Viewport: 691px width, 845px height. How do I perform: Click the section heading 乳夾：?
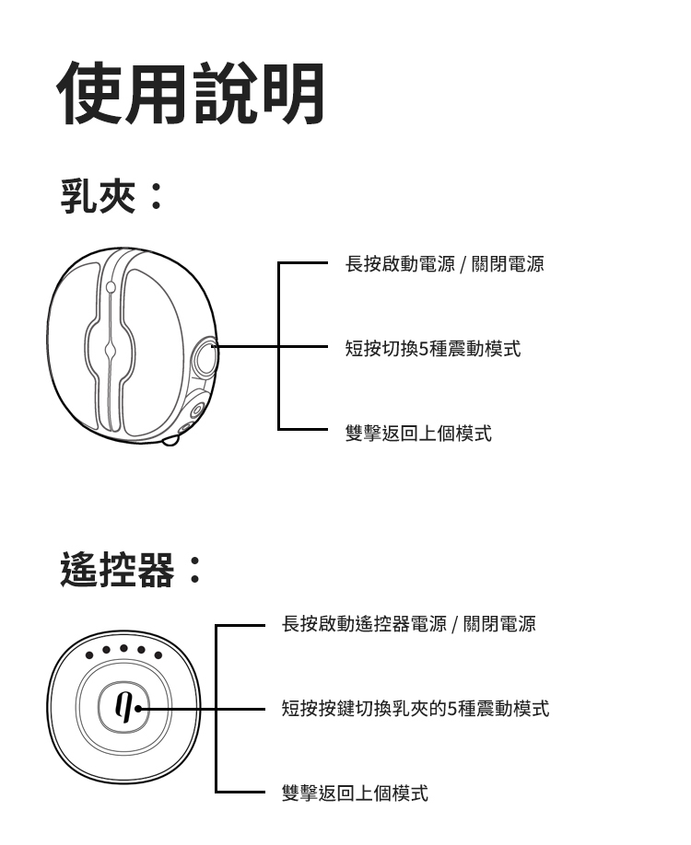tap(111, 196)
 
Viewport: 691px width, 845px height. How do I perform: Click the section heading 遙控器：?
tap(130, 570)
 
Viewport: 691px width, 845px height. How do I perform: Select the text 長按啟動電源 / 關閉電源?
tap(444, 265)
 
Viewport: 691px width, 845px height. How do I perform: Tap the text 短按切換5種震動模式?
tap(432, 349)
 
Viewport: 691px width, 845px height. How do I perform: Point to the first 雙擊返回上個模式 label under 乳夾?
tap(418, 433)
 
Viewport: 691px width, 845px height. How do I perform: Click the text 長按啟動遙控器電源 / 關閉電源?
tap(408, 625)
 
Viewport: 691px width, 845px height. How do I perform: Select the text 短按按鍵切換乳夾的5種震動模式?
tap(415, 709)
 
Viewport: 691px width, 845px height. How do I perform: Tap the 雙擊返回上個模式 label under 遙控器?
tap(355, 793)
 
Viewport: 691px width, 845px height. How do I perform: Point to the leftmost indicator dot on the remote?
tap(89, 656)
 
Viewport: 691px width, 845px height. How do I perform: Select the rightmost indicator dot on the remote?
tap(158, 655)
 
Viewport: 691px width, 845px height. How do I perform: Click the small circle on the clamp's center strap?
tap(111, 287)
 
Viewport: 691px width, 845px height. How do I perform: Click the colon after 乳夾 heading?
tap(156, 196)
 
